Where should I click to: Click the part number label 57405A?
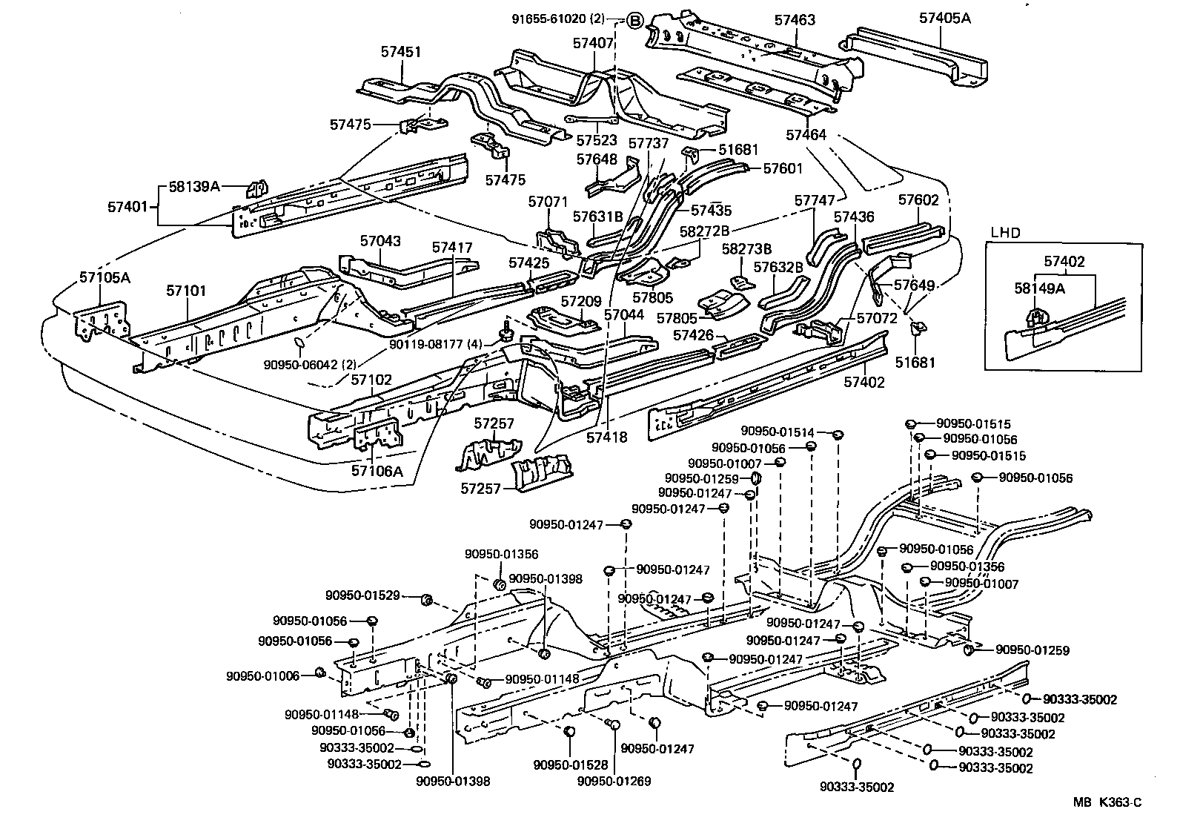coord(944,18)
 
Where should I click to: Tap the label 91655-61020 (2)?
coord(569,19)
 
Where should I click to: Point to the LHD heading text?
coord(1004,232)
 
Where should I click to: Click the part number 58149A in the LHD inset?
coord(1039,288)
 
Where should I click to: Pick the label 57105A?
coord(105,278)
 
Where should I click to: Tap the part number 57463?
coord(795,20)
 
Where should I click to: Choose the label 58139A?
coord(194,187)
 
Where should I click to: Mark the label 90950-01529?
coord(362,595)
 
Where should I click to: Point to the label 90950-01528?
coord(570,764)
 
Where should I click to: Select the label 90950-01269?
coord(614,781)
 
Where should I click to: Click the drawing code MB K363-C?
coord(1109,802)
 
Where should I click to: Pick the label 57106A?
coord(377,469)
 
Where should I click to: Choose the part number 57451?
coord(401,52)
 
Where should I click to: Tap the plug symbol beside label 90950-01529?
coord(427,599)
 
